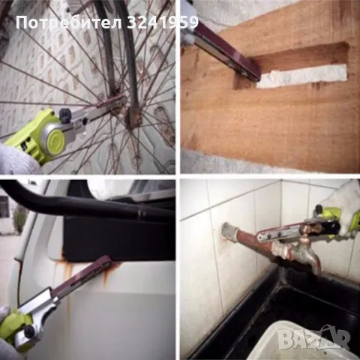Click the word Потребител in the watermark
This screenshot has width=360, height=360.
tap(69, 22)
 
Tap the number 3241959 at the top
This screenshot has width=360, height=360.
tap(163, 22)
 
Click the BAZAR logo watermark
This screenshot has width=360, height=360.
tap(314, 338)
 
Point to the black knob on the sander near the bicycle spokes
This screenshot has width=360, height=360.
tap(65, 114)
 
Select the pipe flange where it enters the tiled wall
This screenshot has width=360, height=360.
tap(227, 231)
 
